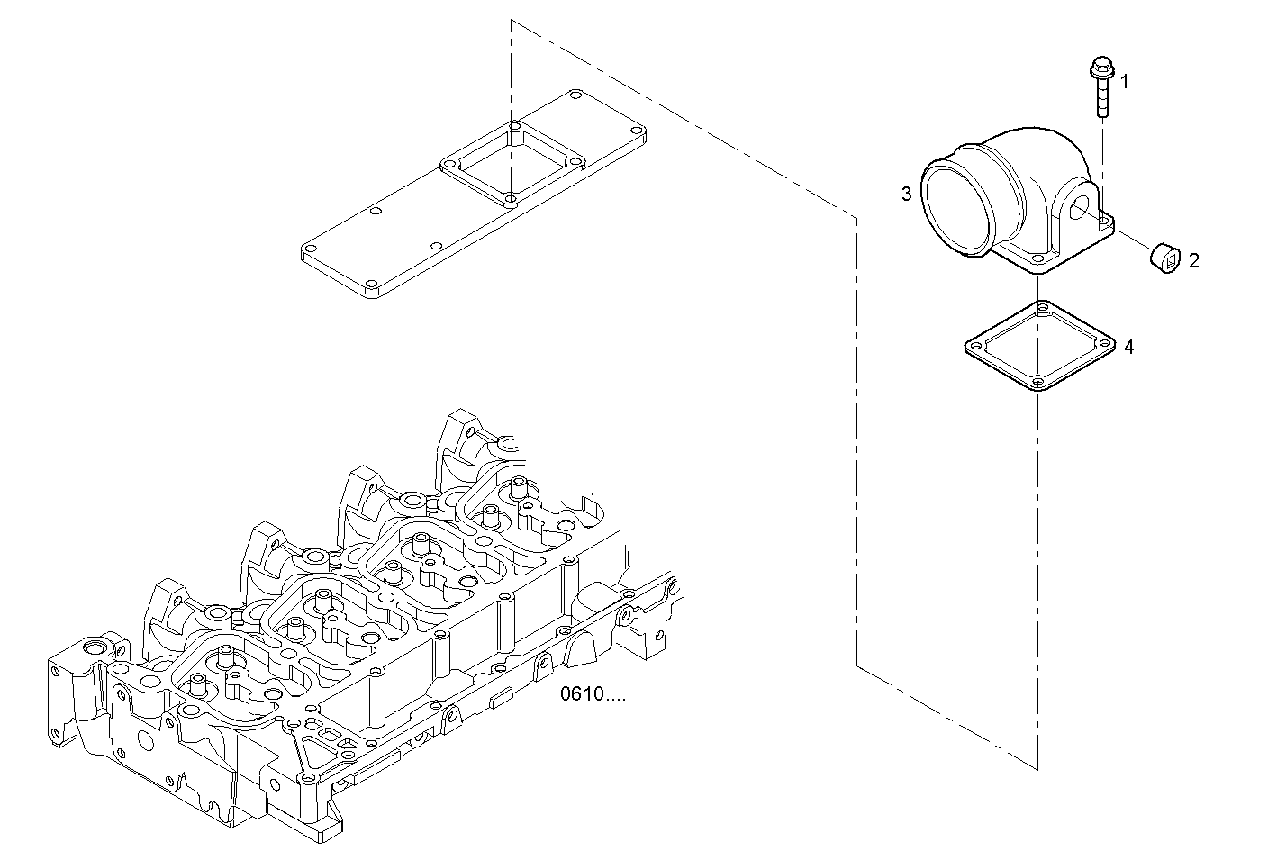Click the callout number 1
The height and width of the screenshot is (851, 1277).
1123,82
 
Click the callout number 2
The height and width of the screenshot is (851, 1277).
1193,261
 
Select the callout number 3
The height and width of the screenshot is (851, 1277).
907,194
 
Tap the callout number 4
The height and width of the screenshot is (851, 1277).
1128,347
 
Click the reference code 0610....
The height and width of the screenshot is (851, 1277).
592,694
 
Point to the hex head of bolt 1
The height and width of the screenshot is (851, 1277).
1100,66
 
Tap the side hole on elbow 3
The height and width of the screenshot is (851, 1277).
1081,209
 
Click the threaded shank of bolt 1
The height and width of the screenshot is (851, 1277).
1100,99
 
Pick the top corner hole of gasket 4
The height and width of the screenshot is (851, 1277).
1043,309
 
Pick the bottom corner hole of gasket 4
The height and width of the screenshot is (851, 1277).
1037,383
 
